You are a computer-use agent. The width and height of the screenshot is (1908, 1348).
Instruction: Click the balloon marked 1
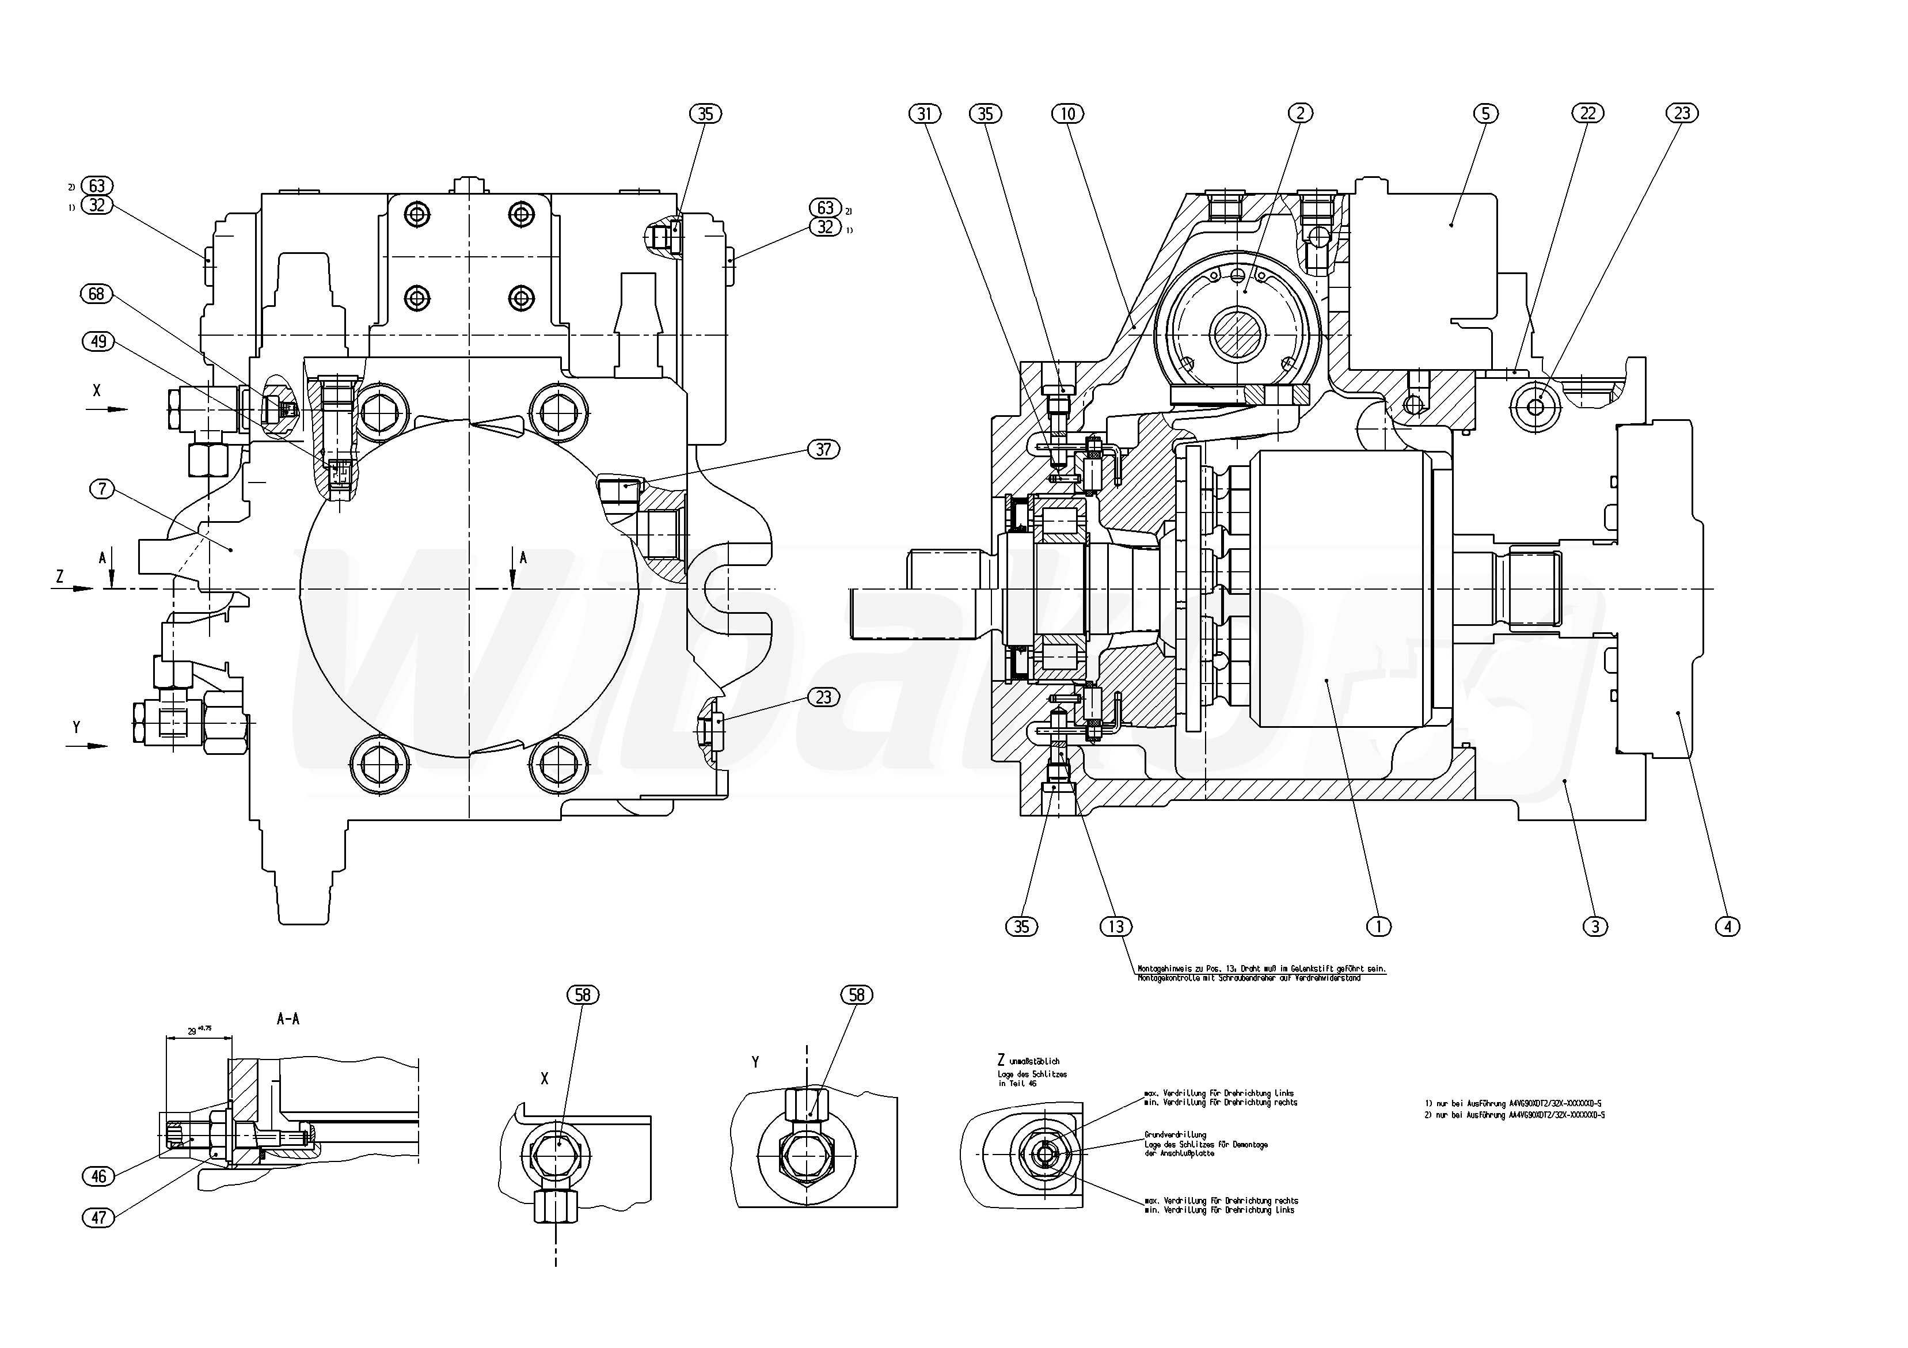point(1379,926)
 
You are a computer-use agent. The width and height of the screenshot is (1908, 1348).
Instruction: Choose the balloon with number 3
point(1595,926)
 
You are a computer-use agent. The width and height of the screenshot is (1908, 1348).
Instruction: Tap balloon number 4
point(1728,926)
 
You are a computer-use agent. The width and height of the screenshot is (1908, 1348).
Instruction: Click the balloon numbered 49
point(99,341)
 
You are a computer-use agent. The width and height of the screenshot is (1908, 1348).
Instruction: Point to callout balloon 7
point(102,489)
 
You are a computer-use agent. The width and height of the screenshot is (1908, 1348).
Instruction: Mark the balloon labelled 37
point(823,450)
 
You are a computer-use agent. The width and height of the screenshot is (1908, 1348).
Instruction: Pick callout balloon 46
point(99,1176)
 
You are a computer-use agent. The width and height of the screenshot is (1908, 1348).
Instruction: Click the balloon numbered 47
point(99,1217)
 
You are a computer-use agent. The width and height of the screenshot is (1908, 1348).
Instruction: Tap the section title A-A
point(287,1019)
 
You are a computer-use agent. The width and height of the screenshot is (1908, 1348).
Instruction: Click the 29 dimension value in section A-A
point(192,1031)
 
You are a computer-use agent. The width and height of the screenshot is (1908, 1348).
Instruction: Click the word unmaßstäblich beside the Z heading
point(1034,1061)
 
